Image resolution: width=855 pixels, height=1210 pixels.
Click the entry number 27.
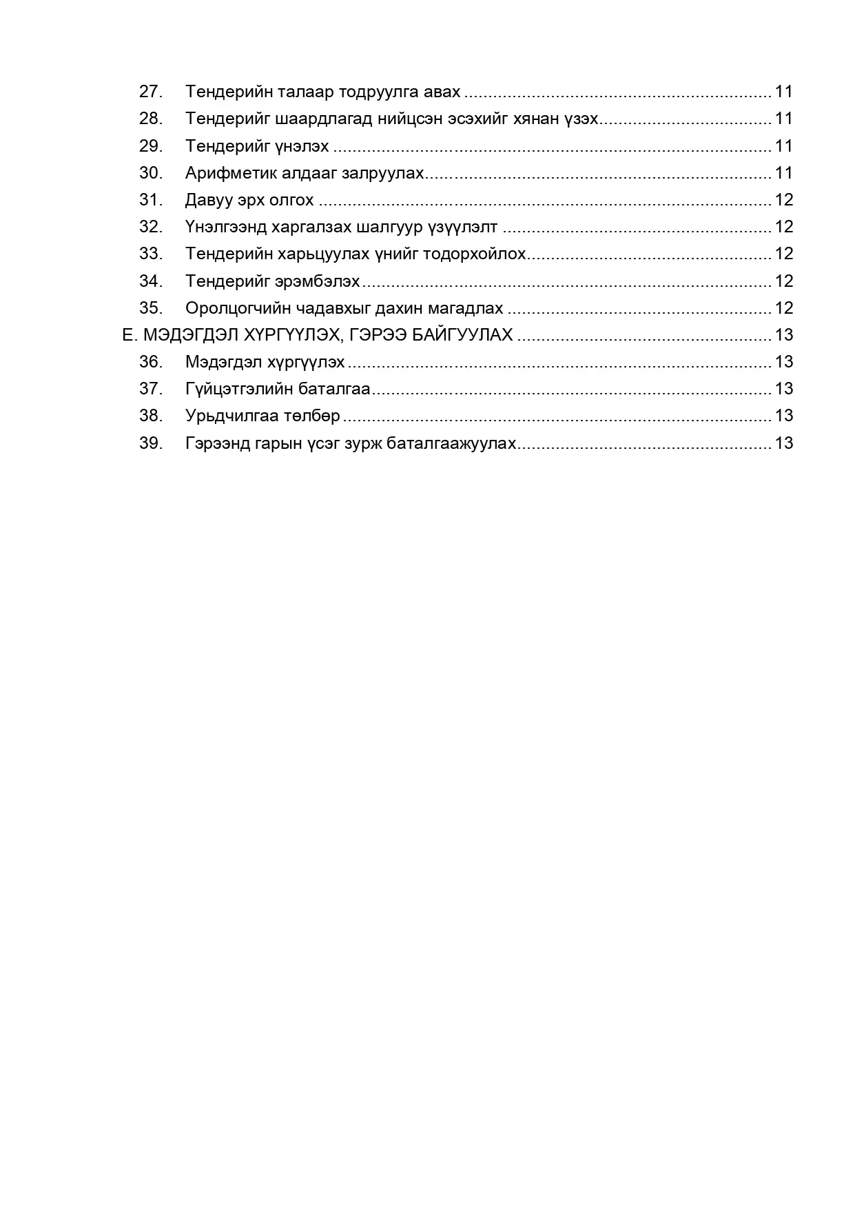[x=150, y=92]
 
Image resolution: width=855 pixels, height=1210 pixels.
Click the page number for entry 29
[x=784, y=146]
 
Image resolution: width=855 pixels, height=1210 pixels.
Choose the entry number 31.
[x=150, y=200]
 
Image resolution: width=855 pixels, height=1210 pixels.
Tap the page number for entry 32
[x=784, y=227]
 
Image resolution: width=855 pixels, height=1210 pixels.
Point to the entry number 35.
[x=150, y=308]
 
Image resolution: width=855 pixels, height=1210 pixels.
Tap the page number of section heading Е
[x=784, y=335]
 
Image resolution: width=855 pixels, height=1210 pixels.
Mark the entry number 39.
[x=150, y=443]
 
